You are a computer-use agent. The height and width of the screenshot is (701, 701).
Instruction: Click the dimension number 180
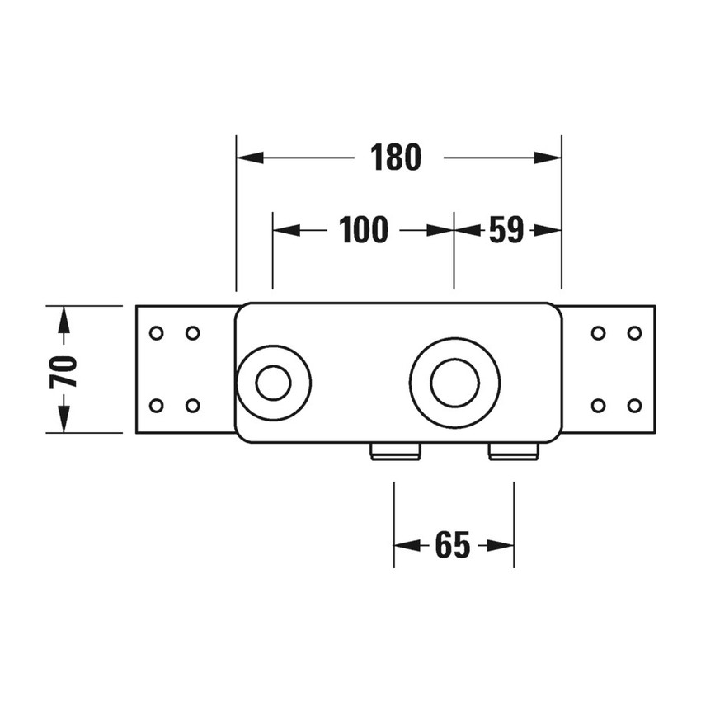point(396,158)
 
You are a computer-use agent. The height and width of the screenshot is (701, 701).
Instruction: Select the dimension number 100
point(363,231)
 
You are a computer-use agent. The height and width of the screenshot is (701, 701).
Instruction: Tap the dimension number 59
point(506,231)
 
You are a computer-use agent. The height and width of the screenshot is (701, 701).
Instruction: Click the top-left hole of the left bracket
point(155,333)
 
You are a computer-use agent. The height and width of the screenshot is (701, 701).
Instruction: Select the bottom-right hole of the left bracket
point(192,405)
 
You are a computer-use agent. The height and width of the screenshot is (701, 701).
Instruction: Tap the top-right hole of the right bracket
point(634,333)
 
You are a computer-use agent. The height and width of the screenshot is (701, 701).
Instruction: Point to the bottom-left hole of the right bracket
point(599,405)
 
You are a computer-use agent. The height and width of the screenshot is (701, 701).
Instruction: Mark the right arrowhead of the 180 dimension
point(549,158)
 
